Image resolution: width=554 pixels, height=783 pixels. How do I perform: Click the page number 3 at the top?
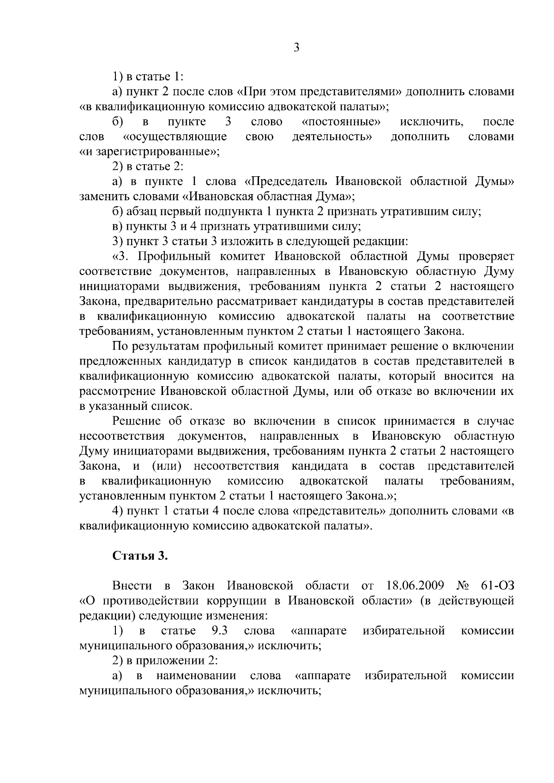coord(296,48)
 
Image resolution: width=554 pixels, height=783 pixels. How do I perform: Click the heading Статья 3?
coord(140,556)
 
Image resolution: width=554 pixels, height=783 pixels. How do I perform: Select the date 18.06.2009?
coord(414,586)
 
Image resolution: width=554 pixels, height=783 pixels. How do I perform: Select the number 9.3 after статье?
coord(219,631)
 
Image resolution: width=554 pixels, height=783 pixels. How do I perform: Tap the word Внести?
coord(132,586)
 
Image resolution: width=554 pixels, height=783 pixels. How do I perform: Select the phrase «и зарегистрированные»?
coord(148,152)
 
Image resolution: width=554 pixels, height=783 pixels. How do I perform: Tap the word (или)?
coord(165,466)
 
